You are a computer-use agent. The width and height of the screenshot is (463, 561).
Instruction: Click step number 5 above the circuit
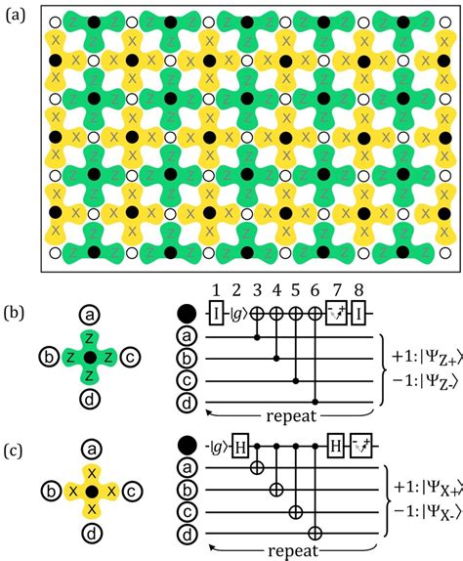coord(298,289)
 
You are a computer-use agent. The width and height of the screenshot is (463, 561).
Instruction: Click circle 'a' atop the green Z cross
coord(90,315)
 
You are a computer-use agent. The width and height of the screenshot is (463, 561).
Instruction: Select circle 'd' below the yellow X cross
coord(90,533)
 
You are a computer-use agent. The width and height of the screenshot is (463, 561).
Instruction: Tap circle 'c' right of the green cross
coord(133,356)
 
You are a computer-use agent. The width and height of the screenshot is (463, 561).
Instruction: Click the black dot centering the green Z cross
coord(90,356)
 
